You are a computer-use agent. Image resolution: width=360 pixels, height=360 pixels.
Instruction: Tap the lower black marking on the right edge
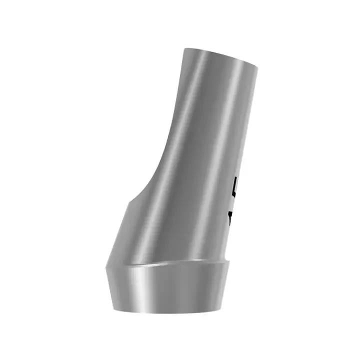(231, 216)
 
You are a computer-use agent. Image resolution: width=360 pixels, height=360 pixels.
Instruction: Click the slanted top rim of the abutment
(222, 56)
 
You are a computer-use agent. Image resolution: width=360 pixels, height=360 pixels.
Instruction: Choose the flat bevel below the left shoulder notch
(120, 230)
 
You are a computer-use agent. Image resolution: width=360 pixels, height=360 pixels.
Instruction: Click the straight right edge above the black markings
(247, 125)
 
